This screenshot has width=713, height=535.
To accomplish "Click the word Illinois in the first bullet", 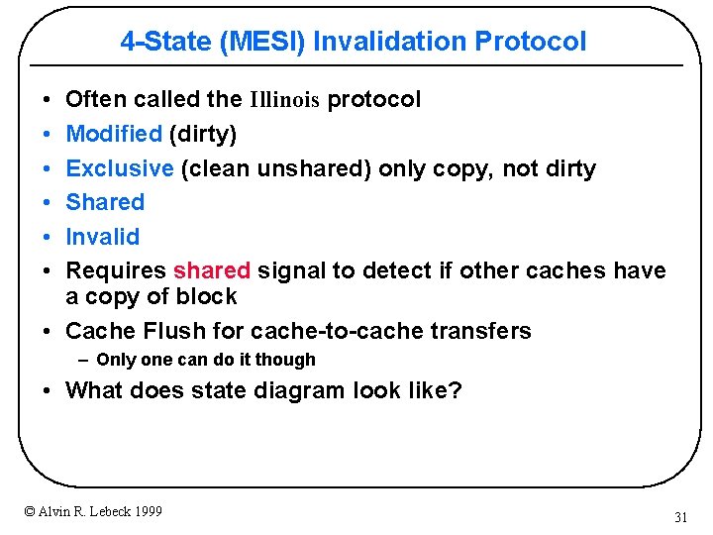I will (x=284, y=99).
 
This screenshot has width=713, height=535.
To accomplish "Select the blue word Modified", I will (x=113, y=134).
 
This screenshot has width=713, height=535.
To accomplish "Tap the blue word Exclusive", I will (x=120, y=168).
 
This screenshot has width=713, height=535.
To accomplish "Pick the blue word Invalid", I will (x=102, y=237).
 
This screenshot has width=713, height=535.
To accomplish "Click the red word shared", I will (x=212, y=270).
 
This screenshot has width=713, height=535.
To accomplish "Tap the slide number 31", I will (x=680, y=517).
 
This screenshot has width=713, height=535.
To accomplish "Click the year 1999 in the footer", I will (x=146, y=511).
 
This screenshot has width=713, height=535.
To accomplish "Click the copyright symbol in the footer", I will (x=30, y=511).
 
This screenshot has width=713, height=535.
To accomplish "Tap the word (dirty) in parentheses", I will (x=203, y=134).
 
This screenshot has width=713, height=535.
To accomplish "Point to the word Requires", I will (x=116, y=270).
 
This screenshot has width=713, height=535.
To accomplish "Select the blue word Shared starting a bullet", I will (x=105, y=202).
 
